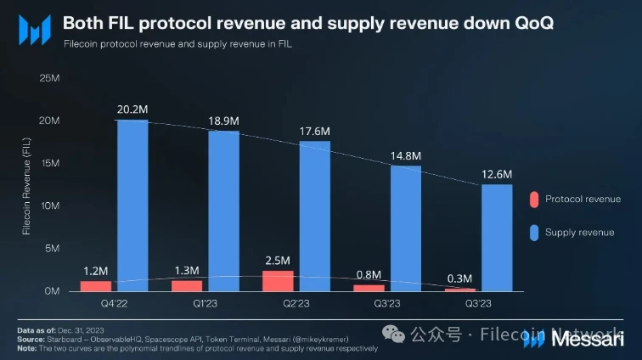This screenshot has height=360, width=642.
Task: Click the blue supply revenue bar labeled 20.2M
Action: (x=132, y=205)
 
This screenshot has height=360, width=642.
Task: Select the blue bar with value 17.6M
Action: (x=314, y=216)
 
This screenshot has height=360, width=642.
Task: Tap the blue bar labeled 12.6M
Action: (x=496, y=237)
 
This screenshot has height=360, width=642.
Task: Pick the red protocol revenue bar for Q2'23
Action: (x=278, y=280)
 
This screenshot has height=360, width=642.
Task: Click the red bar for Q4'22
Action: (x=96, y=285)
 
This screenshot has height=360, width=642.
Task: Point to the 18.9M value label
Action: (x=223, y=121)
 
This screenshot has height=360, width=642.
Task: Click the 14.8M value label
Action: (x=405, y=155)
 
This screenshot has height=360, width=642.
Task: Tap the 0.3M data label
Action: (x=460, y=278)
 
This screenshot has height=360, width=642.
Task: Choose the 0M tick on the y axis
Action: (x=51, y=291)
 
